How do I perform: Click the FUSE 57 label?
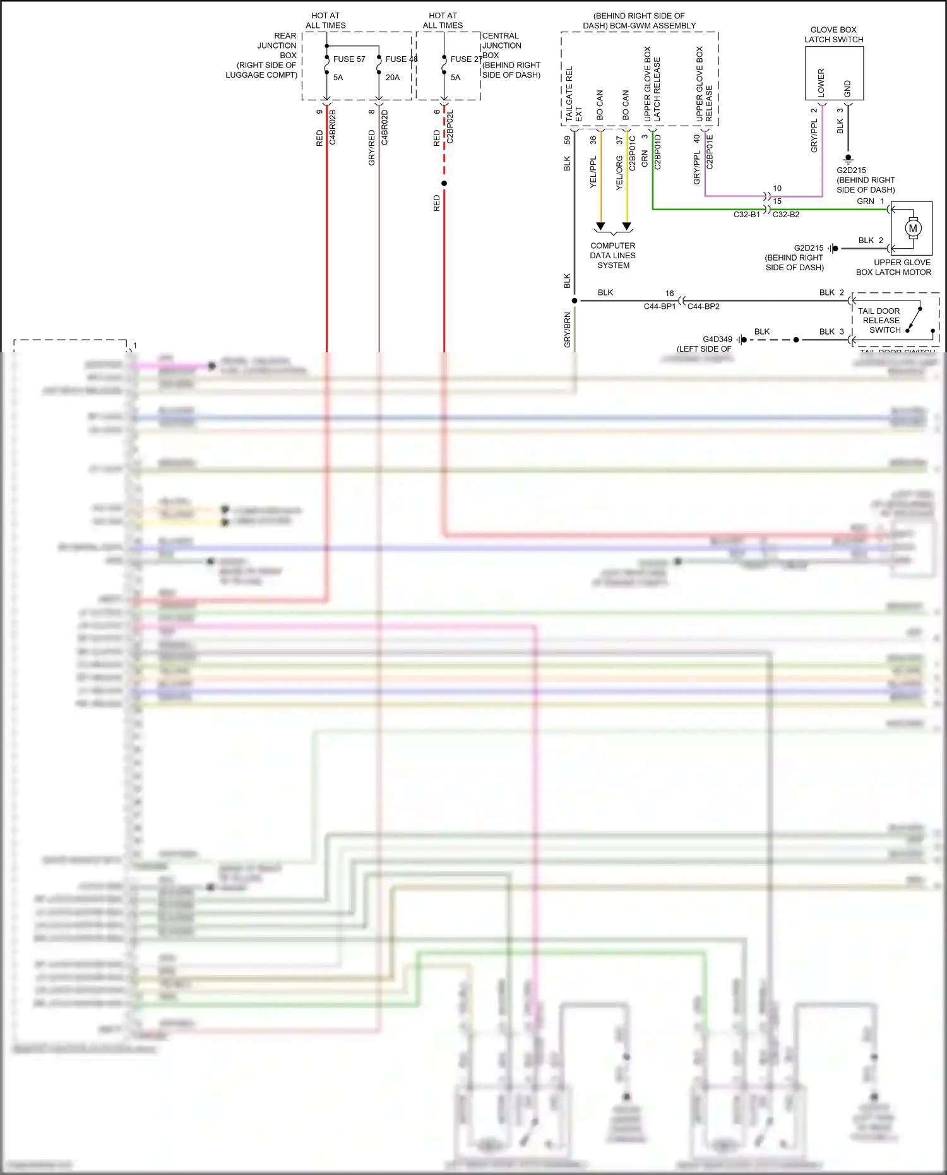pyautogui.click(x=348, y=59)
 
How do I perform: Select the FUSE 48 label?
pyautogui.click(x=401, y=59)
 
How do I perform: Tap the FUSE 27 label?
pyautogui.click(x=466, y=59)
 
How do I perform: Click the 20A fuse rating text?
pyautogui.click(x=392, y=78)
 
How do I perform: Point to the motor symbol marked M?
pyautogui.click(x=912, y=229)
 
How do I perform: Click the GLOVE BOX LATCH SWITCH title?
pyautogui.click(x=833, y=35)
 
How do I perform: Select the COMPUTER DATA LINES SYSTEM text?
pyautogui.click(x=613, y=256)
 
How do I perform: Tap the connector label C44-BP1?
pyautogui.click(x=659, y=307)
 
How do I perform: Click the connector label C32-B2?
pyautogui.click(x=786, y=215)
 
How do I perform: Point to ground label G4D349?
pyautogui.click(x=717, y=340)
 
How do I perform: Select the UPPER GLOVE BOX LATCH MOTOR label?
pyautogui.click(x=894, y=268)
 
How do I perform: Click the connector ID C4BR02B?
pyautogui.click(x=333, y=128)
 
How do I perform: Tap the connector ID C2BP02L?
pyautogui.click(x=450, y=128)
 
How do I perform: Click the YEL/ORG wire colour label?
pyautogui.click(x=619, y=173)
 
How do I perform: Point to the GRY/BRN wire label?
pyautogui.click(x=567, y=330)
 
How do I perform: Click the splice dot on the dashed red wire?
pyautogui.click(x=444, y=184)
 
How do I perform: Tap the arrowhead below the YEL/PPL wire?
pyautogui.click(x=600, y=226)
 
